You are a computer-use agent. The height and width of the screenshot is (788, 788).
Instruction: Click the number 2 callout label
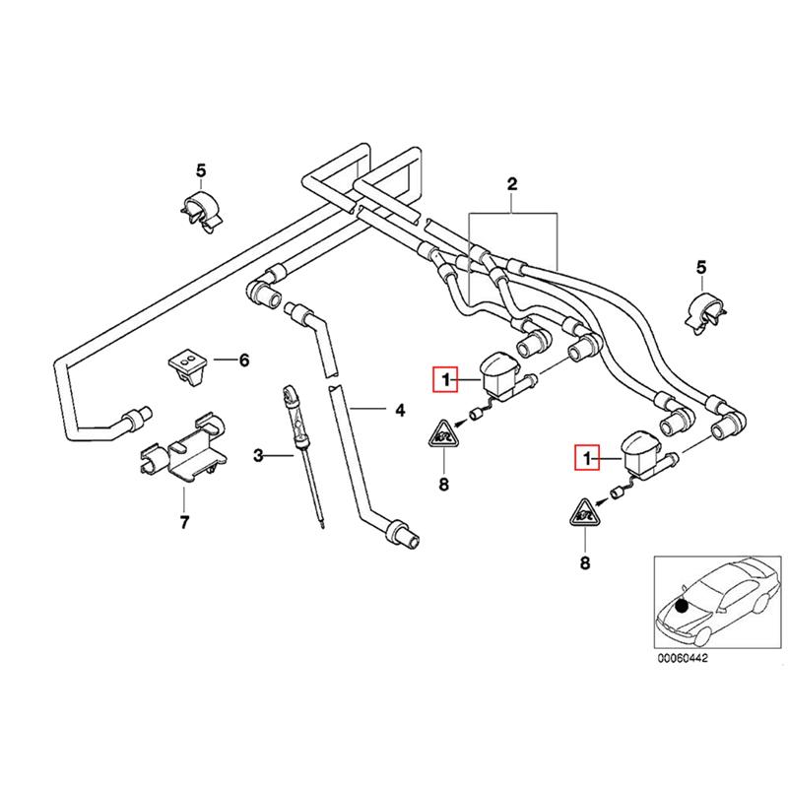512,183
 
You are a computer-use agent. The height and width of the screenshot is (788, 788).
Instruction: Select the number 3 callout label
259,455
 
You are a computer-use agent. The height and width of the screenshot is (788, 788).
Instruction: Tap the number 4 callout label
400,409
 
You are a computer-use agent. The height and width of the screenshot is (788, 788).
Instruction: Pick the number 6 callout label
244,361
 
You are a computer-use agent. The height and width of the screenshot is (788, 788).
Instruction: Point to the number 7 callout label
183,522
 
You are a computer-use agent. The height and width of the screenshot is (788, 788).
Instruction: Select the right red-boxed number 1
588,458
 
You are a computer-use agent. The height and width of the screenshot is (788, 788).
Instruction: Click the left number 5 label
201,169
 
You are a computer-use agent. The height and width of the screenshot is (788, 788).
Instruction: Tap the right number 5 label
701,267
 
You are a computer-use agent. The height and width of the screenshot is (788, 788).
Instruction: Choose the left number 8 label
443,484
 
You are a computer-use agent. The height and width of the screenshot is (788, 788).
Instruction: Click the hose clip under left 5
201,212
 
